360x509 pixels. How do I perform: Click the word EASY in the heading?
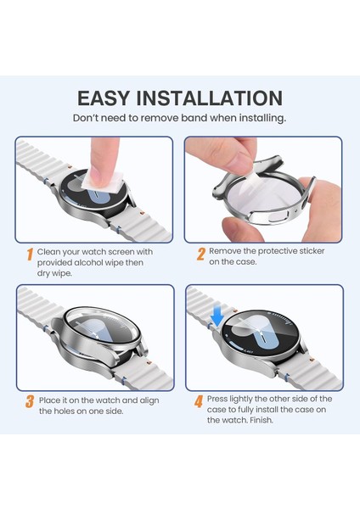[x=104, y=98]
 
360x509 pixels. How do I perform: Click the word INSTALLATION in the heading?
[x=209, y=98]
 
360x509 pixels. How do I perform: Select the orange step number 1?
[x=30, y=255]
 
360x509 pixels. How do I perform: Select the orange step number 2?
[x=201, y=255]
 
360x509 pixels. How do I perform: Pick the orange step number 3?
[x=30, y=401]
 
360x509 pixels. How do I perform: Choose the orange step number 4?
[x=199, y=401]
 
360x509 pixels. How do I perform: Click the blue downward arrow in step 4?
[x=217, y=316]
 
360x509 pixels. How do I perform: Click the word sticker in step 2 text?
[x=312, y=251]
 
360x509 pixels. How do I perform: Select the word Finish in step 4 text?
[x=262, y=420]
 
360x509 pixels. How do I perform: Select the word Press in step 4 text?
[x=217, y=399]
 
